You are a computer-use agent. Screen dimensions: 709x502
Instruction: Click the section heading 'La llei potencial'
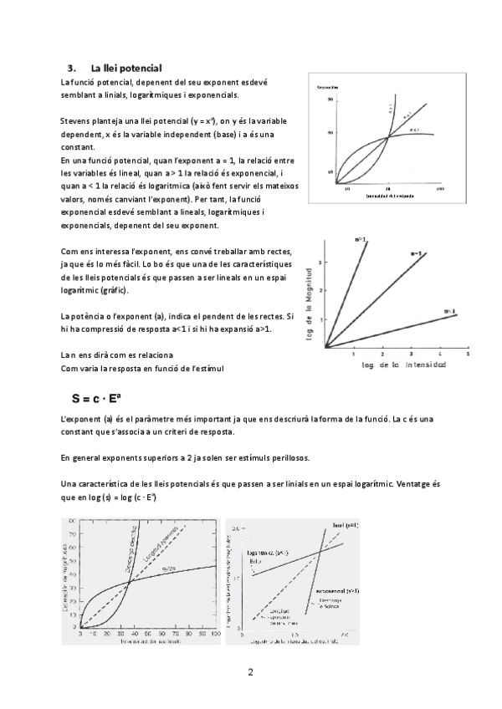pos(125,67)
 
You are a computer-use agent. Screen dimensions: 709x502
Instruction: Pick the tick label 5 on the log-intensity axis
pos(467,354)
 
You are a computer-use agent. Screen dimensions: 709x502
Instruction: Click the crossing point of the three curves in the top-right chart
pos(387,138)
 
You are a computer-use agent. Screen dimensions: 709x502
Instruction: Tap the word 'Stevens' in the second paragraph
pos(78,121)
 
